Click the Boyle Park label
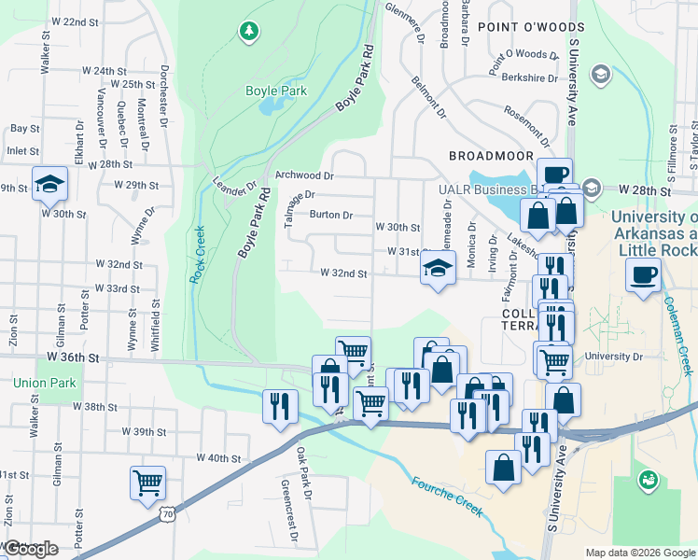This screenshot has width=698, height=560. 270,91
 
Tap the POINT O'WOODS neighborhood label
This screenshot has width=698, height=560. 522,28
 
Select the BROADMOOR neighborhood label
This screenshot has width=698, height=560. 491,156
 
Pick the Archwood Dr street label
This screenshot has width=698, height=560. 304,175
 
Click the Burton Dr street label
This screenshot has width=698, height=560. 330,215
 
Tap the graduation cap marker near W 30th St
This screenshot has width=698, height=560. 49,183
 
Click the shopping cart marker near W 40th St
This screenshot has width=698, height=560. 147,483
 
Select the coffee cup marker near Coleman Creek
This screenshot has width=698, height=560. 643,276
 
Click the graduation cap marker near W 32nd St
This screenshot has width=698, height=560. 436,270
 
